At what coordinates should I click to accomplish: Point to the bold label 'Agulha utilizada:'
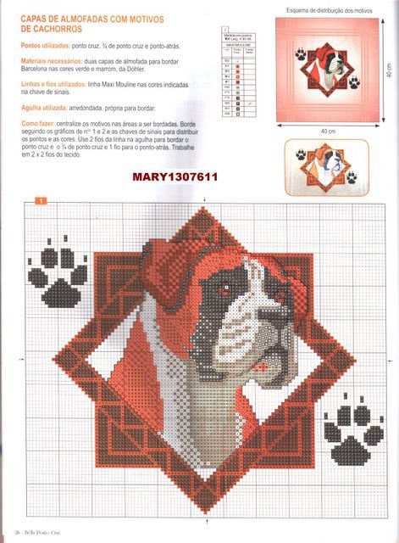pos(47,109)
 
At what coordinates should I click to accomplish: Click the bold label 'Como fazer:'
pos(39,124)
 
